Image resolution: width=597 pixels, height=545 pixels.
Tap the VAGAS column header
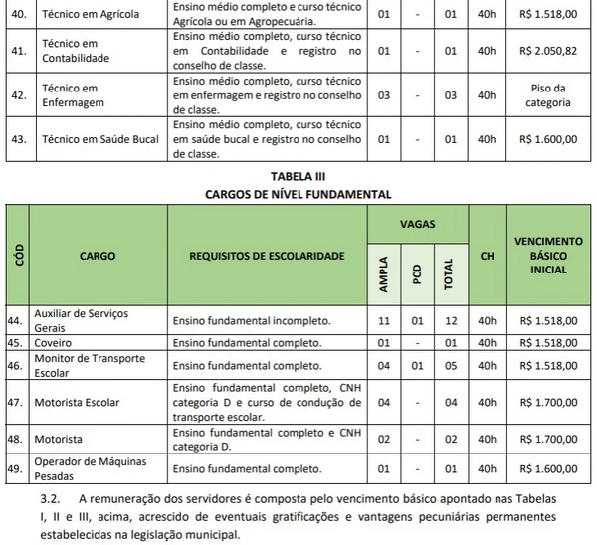point(416,225)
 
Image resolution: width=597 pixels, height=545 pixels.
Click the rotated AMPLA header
point(384,274)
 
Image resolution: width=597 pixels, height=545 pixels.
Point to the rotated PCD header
point(417,274)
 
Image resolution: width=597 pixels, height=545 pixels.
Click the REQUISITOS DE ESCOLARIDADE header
point(267,256)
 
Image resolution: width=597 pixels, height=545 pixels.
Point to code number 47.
point(14,403)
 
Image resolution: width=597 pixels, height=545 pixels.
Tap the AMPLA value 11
point(384,321)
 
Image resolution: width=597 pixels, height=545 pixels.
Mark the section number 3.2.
point(50,496)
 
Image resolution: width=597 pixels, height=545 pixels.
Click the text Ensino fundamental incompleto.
point(252,321)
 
